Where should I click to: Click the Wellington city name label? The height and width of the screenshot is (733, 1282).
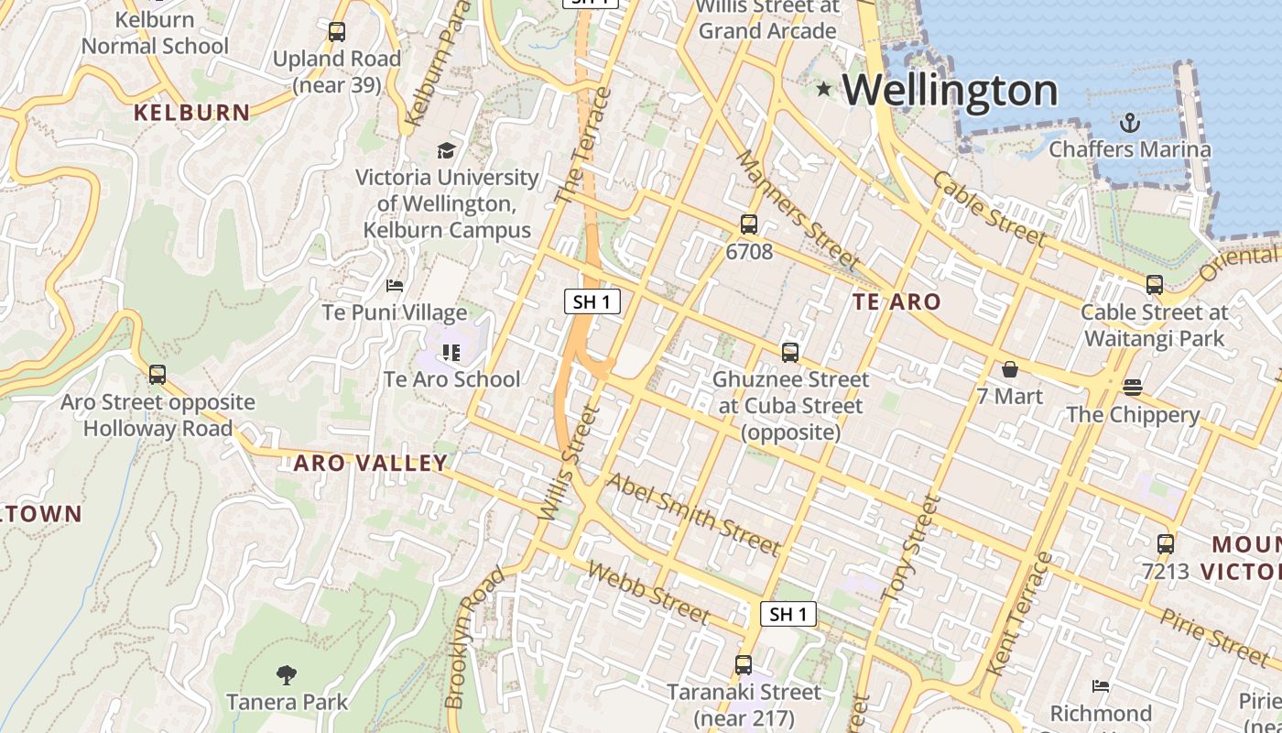pos(950,90)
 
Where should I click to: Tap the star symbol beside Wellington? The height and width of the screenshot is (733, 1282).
pos(824,89)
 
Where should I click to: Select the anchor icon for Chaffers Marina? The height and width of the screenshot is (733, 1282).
pos(1130,123)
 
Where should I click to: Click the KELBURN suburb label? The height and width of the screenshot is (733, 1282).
pos(191,113)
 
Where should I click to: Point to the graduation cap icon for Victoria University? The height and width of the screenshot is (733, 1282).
pos(446,150)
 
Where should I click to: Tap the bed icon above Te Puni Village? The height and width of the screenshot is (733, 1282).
pos(395,286)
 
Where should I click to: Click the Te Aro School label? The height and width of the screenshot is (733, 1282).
pos(451,378)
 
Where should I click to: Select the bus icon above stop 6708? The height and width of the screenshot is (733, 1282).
pos(749,224)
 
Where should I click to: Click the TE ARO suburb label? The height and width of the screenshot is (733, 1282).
pos(896,301)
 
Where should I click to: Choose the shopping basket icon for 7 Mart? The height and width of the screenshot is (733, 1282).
pos(1009,369)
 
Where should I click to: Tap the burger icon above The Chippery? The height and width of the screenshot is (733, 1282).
pos(1133,387)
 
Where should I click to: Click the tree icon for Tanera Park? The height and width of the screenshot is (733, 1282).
pos(287,675)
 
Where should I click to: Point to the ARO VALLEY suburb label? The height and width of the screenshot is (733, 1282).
pos(370,464)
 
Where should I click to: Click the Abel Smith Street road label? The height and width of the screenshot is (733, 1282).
pos(694,515)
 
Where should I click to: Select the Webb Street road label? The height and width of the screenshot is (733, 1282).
pos(649,592)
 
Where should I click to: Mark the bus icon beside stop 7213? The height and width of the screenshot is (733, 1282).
pos(1165,544)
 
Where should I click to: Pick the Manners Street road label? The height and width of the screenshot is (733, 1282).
pos(798,211)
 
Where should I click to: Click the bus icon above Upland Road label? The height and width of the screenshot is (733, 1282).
pos(337,32)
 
